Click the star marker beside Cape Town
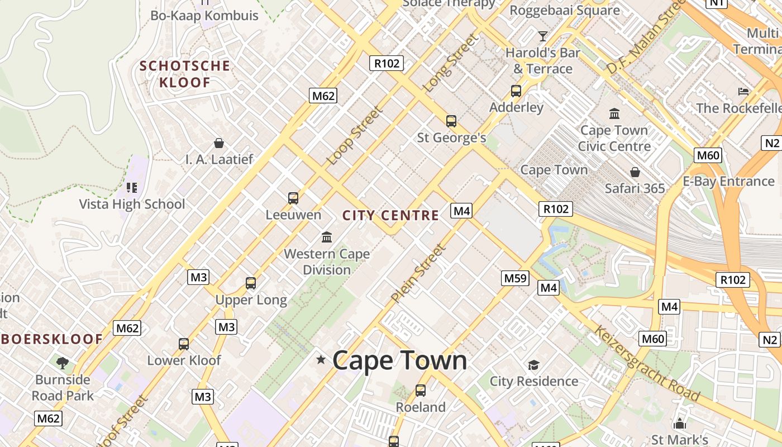click(321, 359)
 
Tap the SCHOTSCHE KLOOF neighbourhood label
click(185, 74)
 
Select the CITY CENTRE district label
click(390, 216)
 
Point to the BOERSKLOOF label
click(53, 339)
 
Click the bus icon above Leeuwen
click(293, 198)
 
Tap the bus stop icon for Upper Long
click(251, 283)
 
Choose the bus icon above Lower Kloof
click(184, 344)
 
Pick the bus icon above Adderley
click(516, 91)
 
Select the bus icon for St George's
click(451, 121)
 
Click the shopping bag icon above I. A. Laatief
click(219, 143)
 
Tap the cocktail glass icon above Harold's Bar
click(542, 36)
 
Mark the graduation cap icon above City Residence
click(533, 365)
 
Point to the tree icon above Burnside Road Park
click(62, 363)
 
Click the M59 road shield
click(514, 278)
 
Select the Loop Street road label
click(355, 136)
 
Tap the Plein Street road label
click(418, 274)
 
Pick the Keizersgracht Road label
click(646, 364)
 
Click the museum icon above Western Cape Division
click(327, 237)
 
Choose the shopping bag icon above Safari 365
click(635, 172)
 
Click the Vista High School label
click(132, 204)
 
